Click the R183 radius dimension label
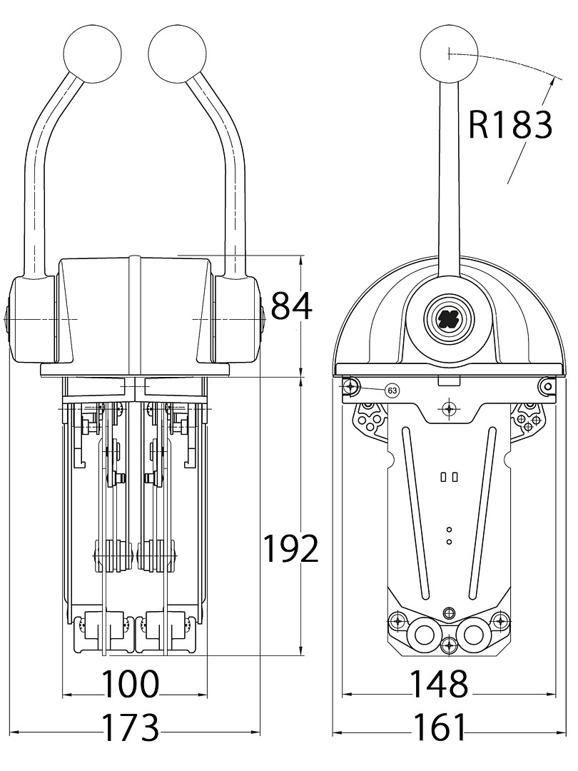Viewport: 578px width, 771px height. coord(510,125)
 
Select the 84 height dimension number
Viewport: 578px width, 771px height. coord(292,306)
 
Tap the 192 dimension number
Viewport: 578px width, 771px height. coord(290,549)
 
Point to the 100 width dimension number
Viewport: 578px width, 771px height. coord(130,684)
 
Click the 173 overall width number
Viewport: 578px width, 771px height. coord(131,727)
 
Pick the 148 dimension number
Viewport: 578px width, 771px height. coord(439,684)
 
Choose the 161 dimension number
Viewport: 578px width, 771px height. coord(439,727)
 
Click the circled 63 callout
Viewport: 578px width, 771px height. coord(392,390)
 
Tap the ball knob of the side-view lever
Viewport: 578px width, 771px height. coord(449,54)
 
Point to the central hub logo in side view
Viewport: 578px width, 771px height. coord(449,317)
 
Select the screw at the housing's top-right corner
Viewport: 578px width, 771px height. coord(547,385)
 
